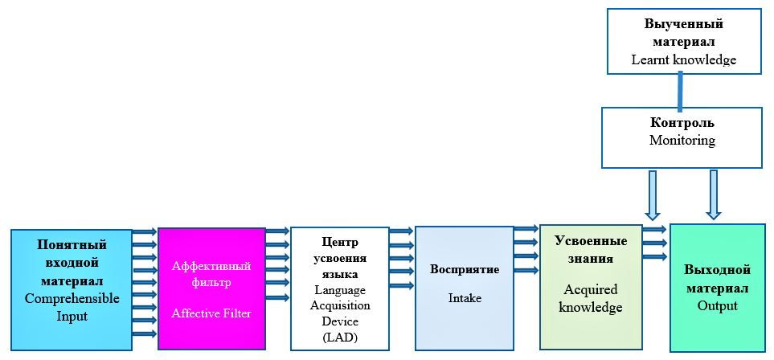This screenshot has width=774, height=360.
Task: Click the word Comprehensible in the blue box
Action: point(72,298)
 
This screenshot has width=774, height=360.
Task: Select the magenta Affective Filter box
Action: point(211,288)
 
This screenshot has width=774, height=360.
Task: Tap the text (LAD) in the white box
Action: point(341,336)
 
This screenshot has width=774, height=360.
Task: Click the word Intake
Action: point(465,298)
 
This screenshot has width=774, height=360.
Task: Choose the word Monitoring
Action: point(682,140)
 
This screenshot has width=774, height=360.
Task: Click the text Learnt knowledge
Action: point(683,59)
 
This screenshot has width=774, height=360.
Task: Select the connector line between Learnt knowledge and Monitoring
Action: point(680,90)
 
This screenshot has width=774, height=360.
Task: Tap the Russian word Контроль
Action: point(682,123)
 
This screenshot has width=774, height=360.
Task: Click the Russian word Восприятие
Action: point(465,268)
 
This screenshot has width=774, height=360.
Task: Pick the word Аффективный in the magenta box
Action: point(211,266)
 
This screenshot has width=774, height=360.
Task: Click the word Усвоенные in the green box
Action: point(591,242)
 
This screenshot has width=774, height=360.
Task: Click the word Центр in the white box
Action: point(341,241)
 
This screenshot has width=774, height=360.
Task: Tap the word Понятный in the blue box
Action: point(72,243)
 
